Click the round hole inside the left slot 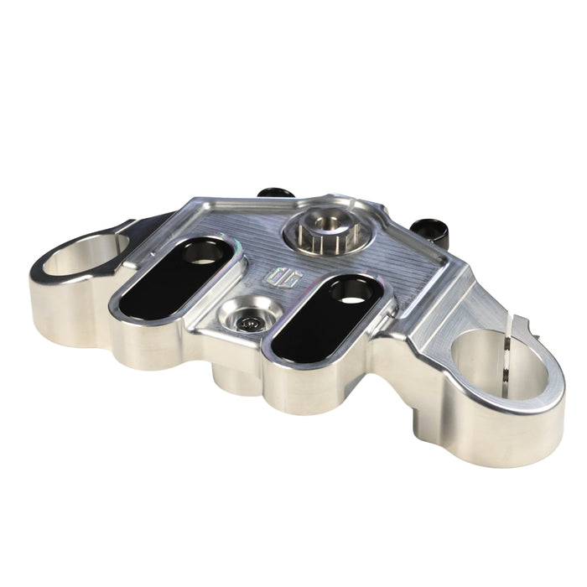point(200,254)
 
